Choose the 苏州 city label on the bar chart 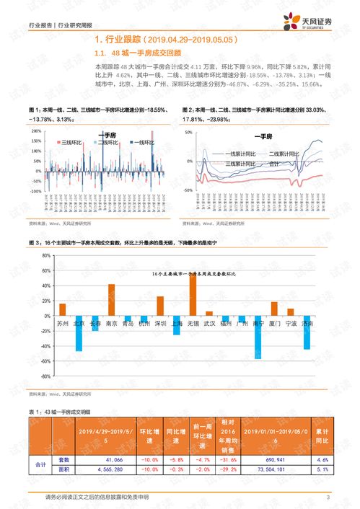62,324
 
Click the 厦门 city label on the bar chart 274,324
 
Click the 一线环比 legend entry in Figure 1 141,143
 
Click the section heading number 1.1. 100,53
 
